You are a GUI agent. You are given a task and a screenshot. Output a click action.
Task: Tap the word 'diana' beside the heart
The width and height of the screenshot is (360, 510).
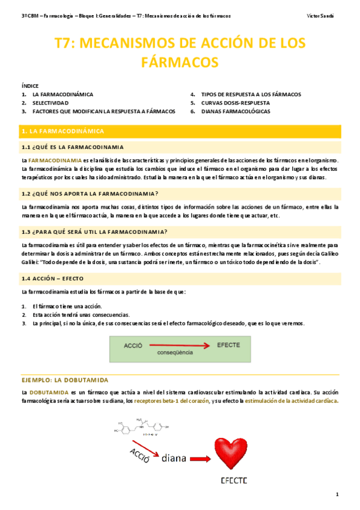click(176, 458)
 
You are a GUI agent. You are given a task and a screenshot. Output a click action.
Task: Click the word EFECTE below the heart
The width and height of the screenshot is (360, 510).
click(234, 481)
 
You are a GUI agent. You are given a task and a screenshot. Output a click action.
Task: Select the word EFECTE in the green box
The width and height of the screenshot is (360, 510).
click(228, 345)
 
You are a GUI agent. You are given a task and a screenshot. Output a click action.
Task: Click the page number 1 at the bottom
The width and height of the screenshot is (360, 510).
click(338, 494)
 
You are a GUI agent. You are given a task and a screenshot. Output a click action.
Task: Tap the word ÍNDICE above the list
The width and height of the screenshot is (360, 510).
click(29, 87)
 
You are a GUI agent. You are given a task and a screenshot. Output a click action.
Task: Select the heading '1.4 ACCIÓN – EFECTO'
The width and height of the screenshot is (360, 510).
click(52, 279)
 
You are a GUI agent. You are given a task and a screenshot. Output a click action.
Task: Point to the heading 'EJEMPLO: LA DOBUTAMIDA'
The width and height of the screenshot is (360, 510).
click(64, 380)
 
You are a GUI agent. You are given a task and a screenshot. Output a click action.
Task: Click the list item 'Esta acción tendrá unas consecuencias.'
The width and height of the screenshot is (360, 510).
click(81, 315)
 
